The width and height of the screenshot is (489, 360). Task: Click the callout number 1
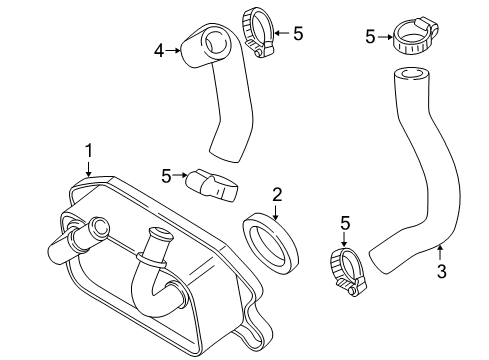[88, 151]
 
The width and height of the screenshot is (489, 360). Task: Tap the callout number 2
[277, 195]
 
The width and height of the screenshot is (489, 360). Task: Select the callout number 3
[441, 271]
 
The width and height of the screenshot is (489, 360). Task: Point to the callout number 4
[159, 51]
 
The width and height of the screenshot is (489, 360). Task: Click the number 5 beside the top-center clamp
[298, 34]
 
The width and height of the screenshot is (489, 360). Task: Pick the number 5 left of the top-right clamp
[370, 37]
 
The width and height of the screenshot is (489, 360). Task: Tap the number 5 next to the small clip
[166, 176]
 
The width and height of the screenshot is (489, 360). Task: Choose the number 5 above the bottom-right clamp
[345, 223]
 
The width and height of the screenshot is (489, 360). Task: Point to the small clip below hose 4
[213, 185]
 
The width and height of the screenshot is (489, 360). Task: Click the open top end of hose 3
[411, 74]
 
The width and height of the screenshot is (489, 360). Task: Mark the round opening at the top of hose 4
[217, 44]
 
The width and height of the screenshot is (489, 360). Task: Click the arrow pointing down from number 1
[88, 169]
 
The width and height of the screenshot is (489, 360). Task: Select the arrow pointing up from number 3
[441, 252]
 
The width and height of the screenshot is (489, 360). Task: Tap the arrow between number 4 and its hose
[173, 51]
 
